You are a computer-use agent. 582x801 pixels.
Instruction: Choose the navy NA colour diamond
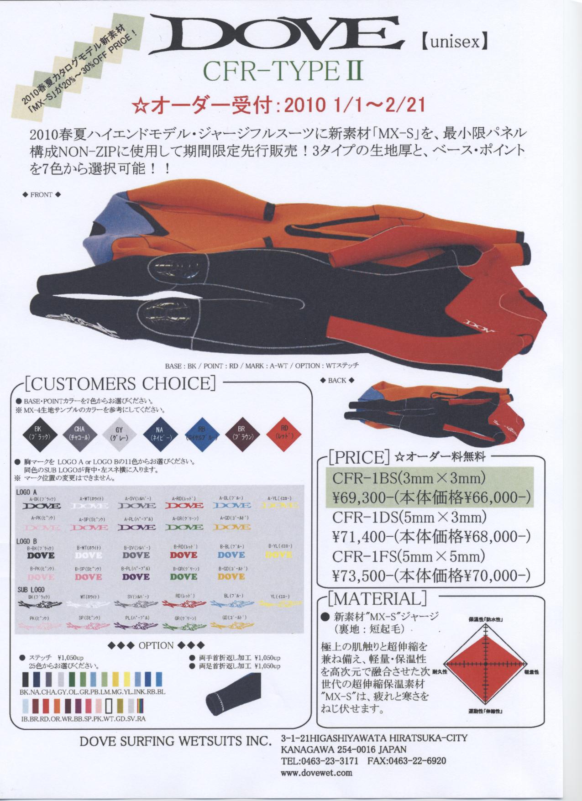click(160, 433)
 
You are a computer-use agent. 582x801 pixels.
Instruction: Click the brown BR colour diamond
click(243, 433)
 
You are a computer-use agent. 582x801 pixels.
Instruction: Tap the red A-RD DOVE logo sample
click(184, 505)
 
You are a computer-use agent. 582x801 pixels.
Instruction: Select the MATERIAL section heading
click(376, 598)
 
